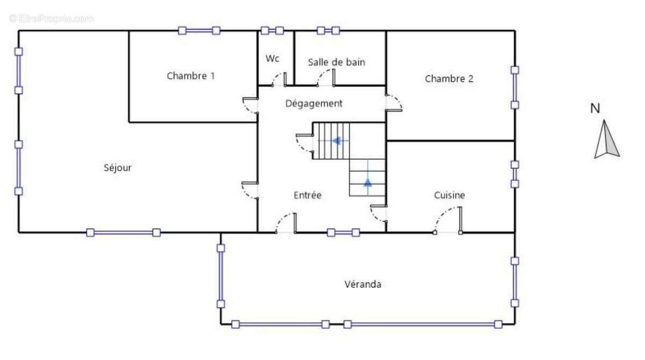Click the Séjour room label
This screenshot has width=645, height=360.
(118, 168)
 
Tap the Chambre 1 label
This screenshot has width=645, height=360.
(191, 76)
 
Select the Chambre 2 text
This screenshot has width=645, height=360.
(449, 78)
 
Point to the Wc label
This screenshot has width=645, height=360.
(272, 59)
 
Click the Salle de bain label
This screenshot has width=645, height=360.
(336, 62)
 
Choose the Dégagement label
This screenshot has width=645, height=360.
(313, 104)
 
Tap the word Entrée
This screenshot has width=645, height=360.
(307, 195)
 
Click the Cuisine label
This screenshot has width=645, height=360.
(449, 195)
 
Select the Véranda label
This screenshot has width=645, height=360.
(363, 284)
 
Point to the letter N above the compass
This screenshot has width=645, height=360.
(595, 109)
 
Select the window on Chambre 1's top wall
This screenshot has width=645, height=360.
(199, 31)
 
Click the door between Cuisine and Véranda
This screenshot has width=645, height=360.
(448, 220)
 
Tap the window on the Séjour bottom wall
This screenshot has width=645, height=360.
(124, 233)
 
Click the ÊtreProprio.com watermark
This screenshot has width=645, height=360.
(51, 18)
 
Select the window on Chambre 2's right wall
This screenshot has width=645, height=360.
(515, 88)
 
